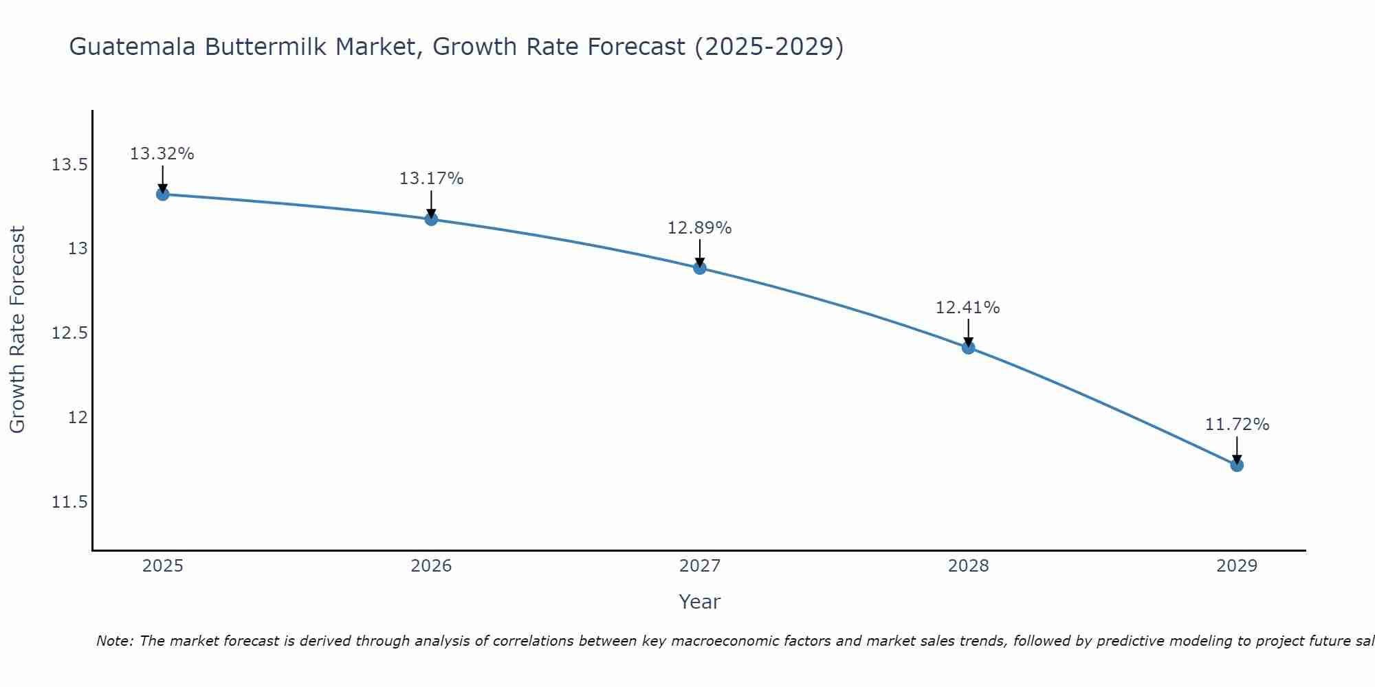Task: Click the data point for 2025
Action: pyautogui.click(x=162, y=194)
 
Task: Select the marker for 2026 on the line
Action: pyautogui.click(x=431, y=219)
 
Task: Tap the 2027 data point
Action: pyautogui.click(x=700, y=267)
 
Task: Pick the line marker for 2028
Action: pyautogui.click(x=968, y=348)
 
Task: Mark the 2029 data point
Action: pyautogui.click(x=1237, y=465)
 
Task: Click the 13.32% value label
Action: pyautogui.click(x=162, y=154)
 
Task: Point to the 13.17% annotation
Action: pyautogui.click(x=431, y=179)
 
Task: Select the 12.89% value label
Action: pyautogui.click(x=700, y=228)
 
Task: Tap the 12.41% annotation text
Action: pyautogui.click(x=968, y=308)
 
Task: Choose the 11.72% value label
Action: pyautogui.click(x=1237, y=425)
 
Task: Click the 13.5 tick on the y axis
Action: pyautogui.click(x=69, y=165)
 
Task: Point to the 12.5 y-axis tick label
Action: pyautogui.click(x=69, y=334)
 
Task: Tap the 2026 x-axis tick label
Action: pyautogui.click(x=431, y=566)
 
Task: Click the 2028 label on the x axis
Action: pyautogui.click(x=968, y=566)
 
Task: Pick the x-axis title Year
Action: pyautogui.click(x=700, y=602)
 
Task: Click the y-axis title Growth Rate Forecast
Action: pyautogui.click(x=18, y=330)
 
